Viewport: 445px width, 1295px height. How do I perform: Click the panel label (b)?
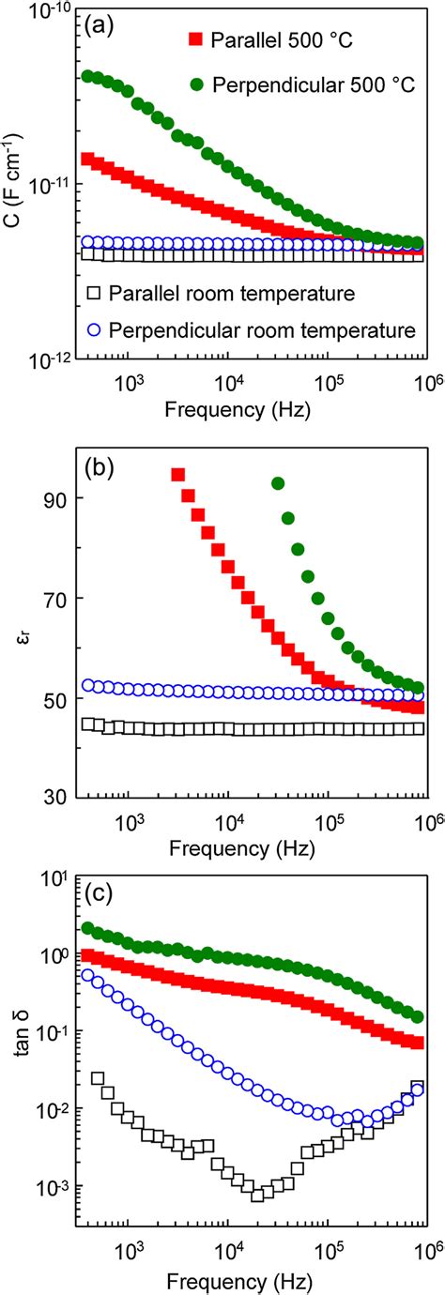(97, 466)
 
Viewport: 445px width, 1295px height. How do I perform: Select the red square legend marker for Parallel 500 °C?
(196, 39)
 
